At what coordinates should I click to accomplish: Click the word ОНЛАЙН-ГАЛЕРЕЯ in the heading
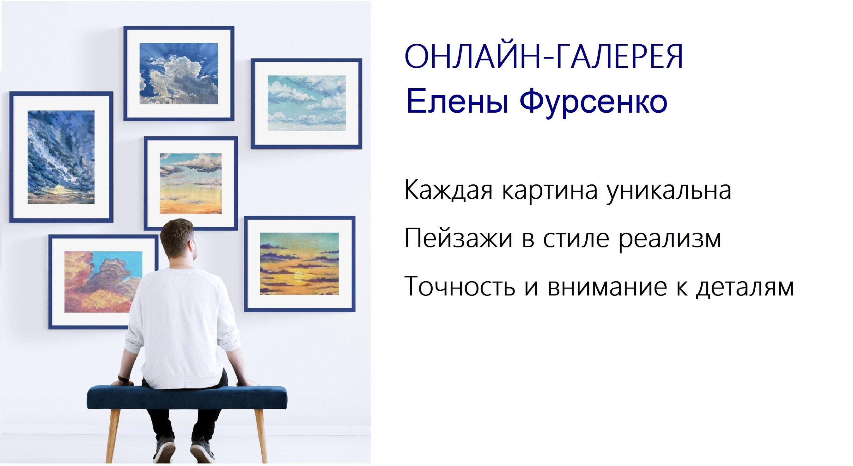click(x=544, y=56)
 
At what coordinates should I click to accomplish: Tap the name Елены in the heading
click(x=457, y=101)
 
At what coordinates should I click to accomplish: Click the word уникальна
click(x=668, y=191)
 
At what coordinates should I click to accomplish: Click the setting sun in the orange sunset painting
click(x=298, y=276)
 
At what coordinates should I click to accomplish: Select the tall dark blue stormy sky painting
click(x=61, y=157)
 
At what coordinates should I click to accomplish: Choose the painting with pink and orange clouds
click(x=103, y=282)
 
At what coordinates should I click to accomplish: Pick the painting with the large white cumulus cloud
click(x=179, y=74)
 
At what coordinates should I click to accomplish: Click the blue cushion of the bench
click(x=187, y=397)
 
